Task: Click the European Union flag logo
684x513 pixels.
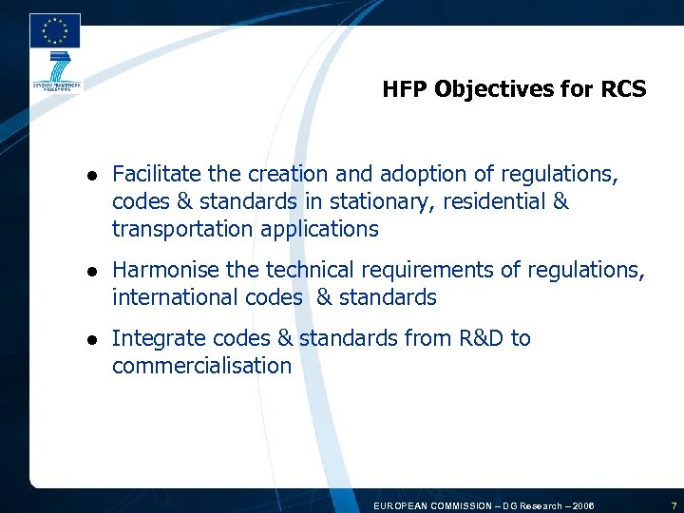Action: (x=55, y=30)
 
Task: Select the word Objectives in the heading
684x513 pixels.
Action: (x=492, y=90)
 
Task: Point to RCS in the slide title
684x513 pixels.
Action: (x=621, y=90)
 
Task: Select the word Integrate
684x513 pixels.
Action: (x=152, y=338)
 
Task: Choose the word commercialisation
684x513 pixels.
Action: (x=201, y=366)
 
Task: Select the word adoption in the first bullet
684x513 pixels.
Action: (x=422, y=174)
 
